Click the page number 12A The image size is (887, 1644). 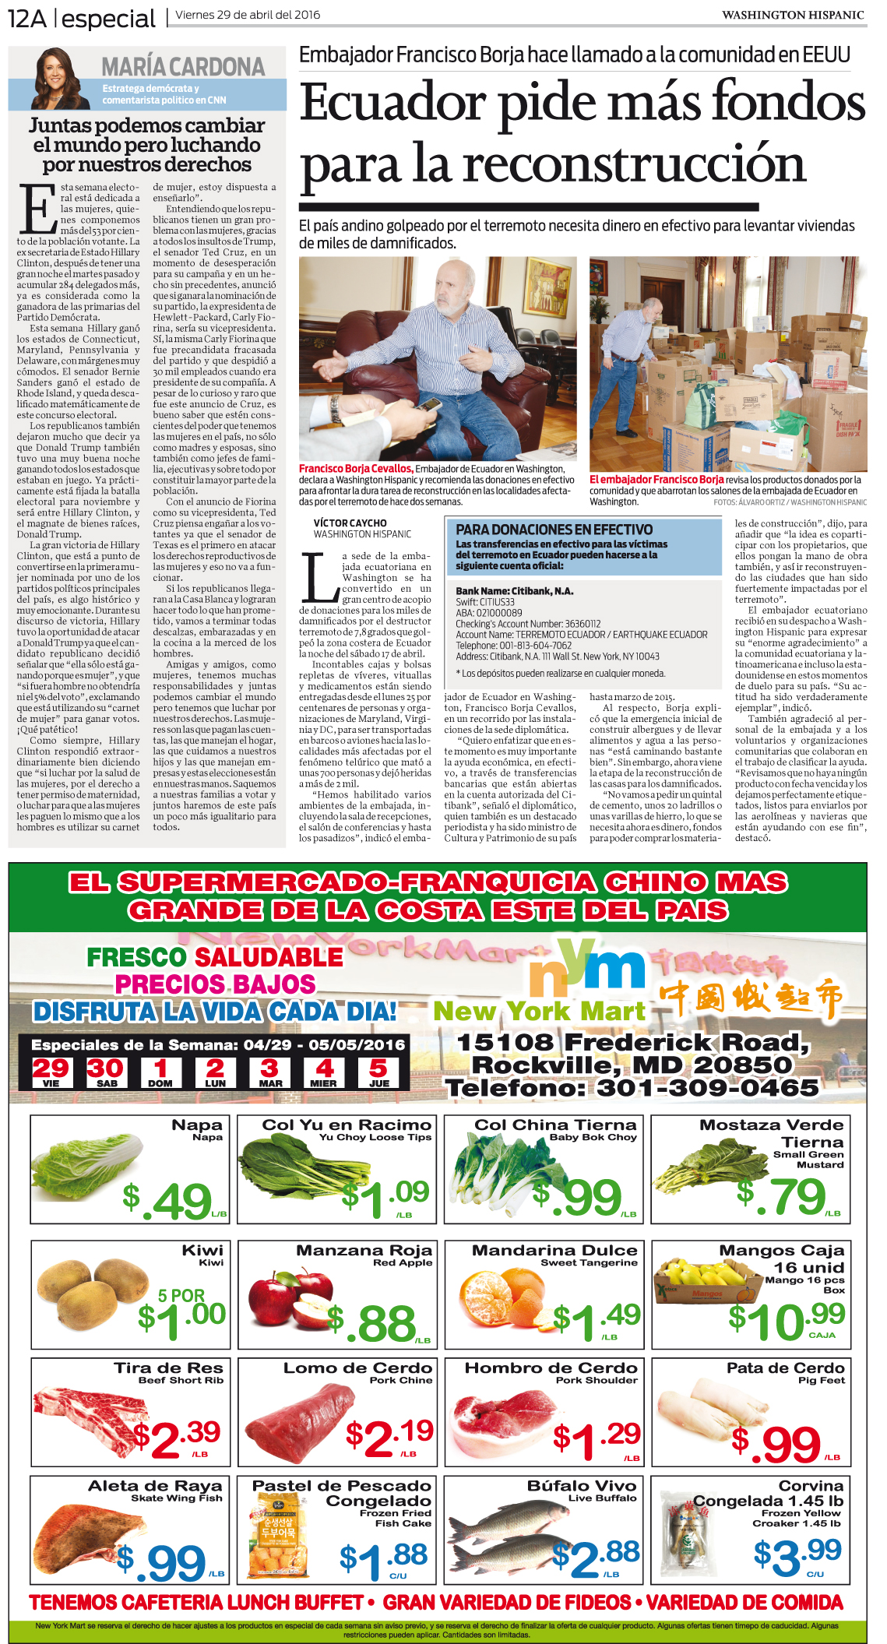click(26, 17)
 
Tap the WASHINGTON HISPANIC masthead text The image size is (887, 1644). click(792, 15)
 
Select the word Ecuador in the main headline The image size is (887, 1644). click(392, 104)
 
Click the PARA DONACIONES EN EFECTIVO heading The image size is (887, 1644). click(554, 530)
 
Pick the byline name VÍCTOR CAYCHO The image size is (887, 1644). click(350, 523)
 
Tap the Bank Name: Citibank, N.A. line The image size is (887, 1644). click(514, 591)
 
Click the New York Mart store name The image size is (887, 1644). click(539, 1011)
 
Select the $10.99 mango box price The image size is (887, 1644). click(787, 1320)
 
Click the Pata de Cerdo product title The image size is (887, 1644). click(785, 1368)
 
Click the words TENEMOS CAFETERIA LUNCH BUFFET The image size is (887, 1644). click(196, 1602)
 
